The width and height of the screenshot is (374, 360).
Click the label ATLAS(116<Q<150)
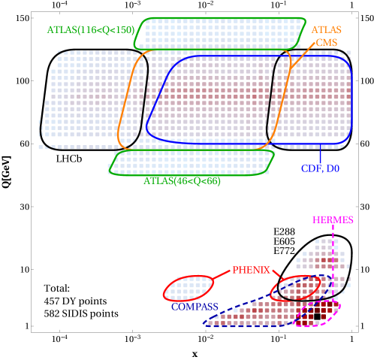point(90,30)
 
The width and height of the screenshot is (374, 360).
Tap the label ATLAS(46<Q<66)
point(182,181)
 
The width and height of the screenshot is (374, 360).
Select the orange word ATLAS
point(326,30)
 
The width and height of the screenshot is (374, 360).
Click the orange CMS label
point(326,43)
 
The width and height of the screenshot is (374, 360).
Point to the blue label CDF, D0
point(320,169)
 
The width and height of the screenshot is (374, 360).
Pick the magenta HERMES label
point(333,220)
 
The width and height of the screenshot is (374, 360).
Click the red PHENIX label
point(251,270)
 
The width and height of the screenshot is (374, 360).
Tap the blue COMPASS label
point(194,307)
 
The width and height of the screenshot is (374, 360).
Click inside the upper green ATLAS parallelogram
point(218,34)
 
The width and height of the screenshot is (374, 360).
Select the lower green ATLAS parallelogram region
point(192,162)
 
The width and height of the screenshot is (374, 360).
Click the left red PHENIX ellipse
point(189,288)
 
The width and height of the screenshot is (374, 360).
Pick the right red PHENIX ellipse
point(295,289)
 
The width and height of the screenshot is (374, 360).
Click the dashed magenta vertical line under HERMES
point(333,256)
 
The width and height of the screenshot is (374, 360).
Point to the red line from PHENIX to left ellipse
point(222,275)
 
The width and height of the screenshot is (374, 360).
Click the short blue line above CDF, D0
point(320,153)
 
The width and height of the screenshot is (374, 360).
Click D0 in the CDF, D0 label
point(332,169)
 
